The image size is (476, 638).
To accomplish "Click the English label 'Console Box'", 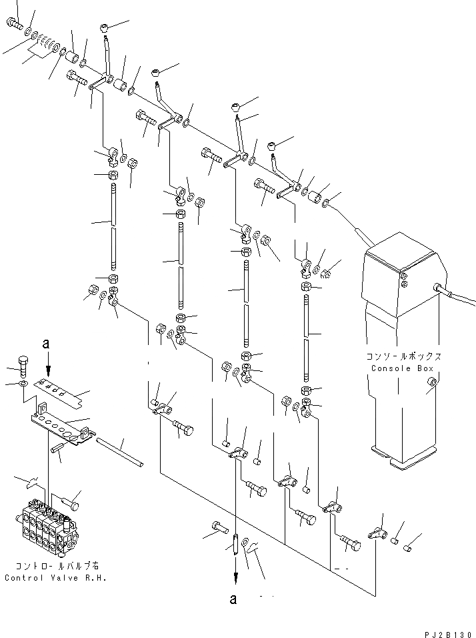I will pos(401,368).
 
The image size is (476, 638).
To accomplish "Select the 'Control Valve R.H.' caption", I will pos(55,578).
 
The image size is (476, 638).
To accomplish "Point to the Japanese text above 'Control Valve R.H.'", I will pos(55,567).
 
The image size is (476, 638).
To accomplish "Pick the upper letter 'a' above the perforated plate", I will pos(46,344).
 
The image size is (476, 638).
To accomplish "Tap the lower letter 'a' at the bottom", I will pos(233,599).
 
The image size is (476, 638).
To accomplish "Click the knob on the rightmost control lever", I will pos(271,145).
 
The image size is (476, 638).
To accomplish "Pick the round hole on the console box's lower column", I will pos(432,381).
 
